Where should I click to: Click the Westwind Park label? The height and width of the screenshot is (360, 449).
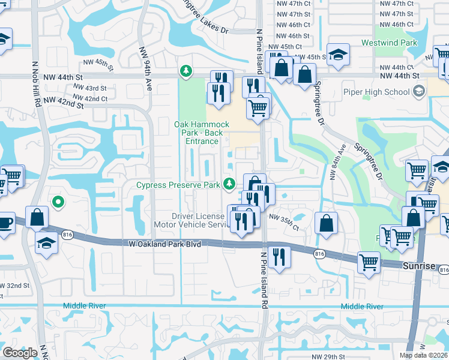390,43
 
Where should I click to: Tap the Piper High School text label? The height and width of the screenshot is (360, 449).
376,92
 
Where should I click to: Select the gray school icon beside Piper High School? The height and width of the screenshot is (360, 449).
419,92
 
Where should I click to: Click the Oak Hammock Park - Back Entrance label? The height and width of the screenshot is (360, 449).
201,133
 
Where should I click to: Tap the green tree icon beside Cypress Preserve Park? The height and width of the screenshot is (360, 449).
228,184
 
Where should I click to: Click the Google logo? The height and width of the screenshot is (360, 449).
20,353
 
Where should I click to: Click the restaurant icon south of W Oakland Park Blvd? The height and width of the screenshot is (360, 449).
279,256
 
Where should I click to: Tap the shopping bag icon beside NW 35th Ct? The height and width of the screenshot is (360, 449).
325,223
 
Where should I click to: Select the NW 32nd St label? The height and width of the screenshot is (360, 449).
15,286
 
